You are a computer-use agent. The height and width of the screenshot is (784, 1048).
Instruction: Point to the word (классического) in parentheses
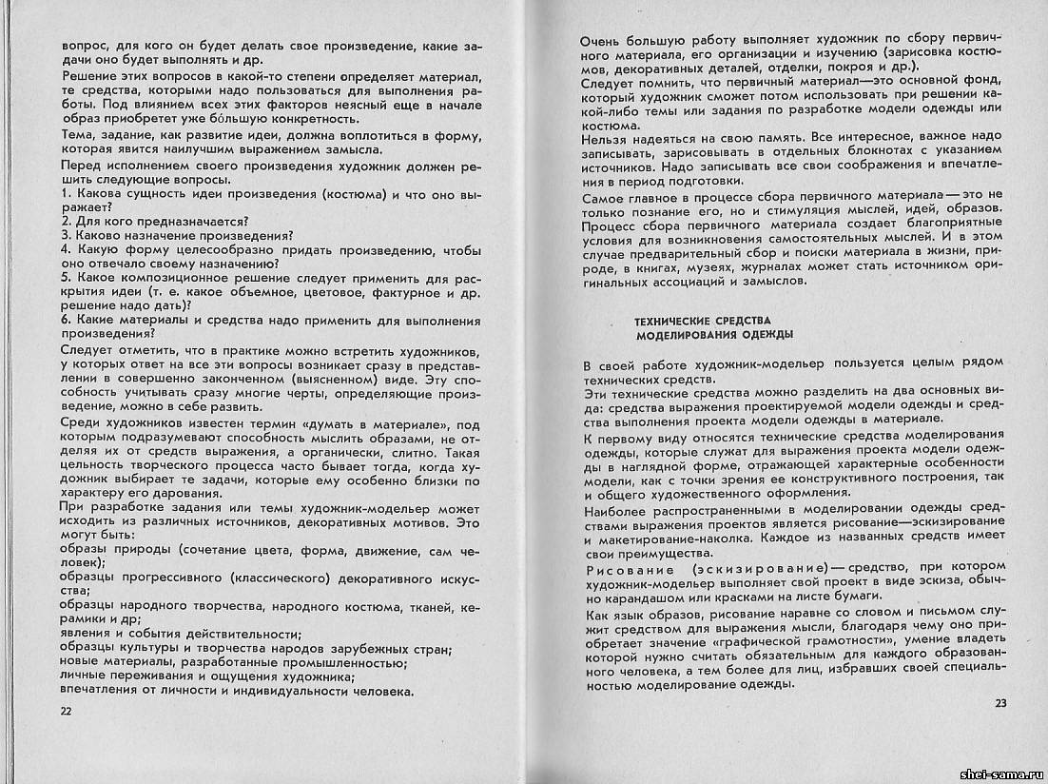(247, 578)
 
